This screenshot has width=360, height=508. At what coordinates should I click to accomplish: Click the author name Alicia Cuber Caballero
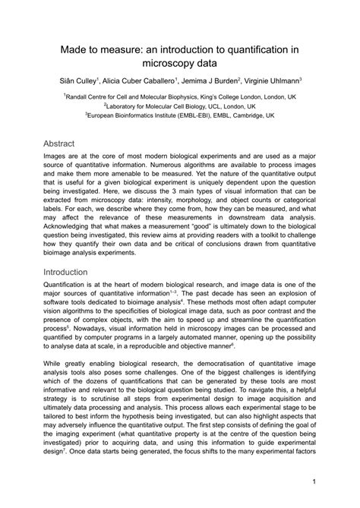pyautogui.click(x=137, y=80)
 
